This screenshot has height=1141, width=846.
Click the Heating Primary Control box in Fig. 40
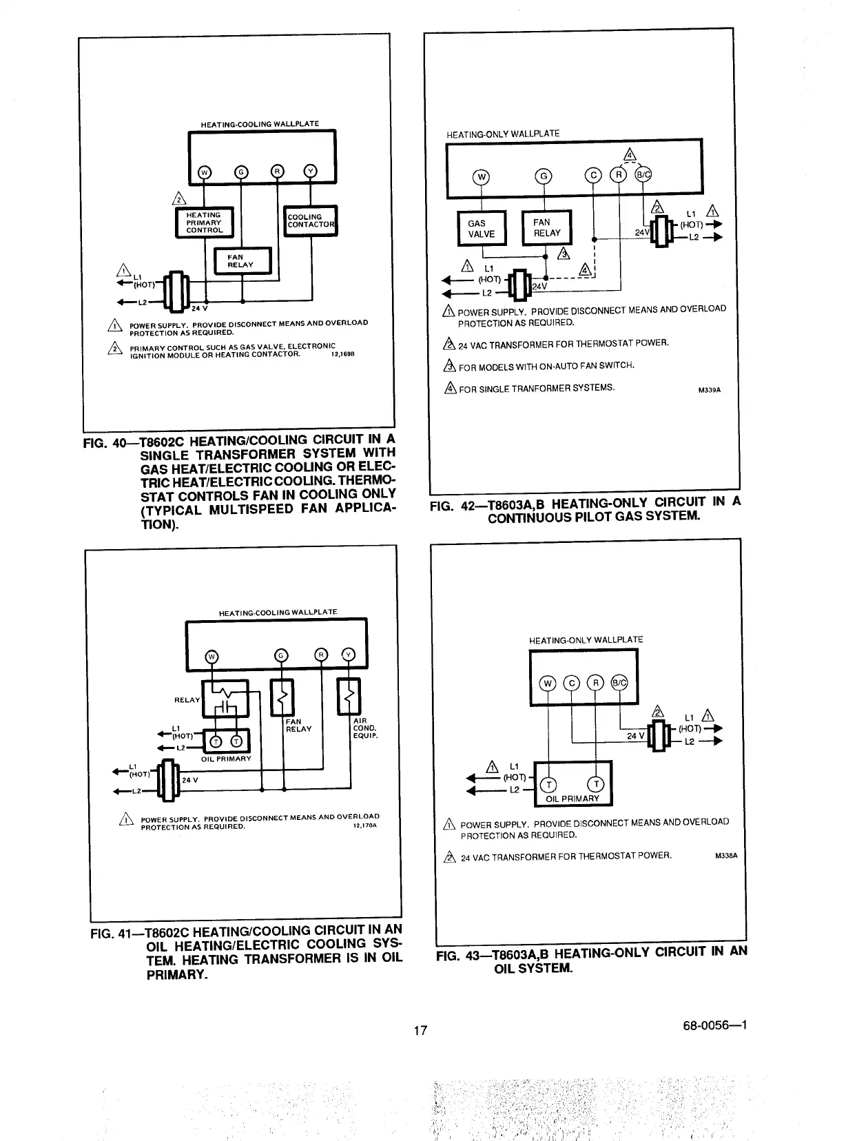click(204, 223)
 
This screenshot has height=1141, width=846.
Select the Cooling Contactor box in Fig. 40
click(311, 220)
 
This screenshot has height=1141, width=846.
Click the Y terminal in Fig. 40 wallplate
click(310, 172)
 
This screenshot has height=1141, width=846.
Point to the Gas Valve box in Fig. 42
click(481, 228)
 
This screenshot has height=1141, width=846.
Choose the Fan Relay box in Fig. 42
click(547, 227)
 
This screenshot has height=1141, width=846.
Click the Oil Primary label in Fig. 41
click(226, 759)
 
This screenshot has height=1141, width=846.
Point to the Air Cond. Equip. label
click(364, 728)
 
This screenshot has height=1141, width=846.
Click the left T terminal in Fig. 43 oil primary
click(549, 785)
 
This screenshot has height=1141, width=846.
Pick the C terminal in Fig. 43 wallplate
click(572, 683)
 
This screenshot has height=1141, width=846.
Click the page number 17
click(420, 1031)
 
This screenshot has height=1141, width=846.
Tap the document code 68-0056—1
click(712, 1025)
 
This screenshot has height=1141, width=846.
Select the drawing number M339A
click(709, 390)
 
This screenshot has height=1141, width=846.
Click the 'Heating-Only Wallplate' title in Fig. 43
click(586, 640)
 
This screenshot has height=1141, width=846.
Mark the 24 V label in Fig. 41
click(189, 780)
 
